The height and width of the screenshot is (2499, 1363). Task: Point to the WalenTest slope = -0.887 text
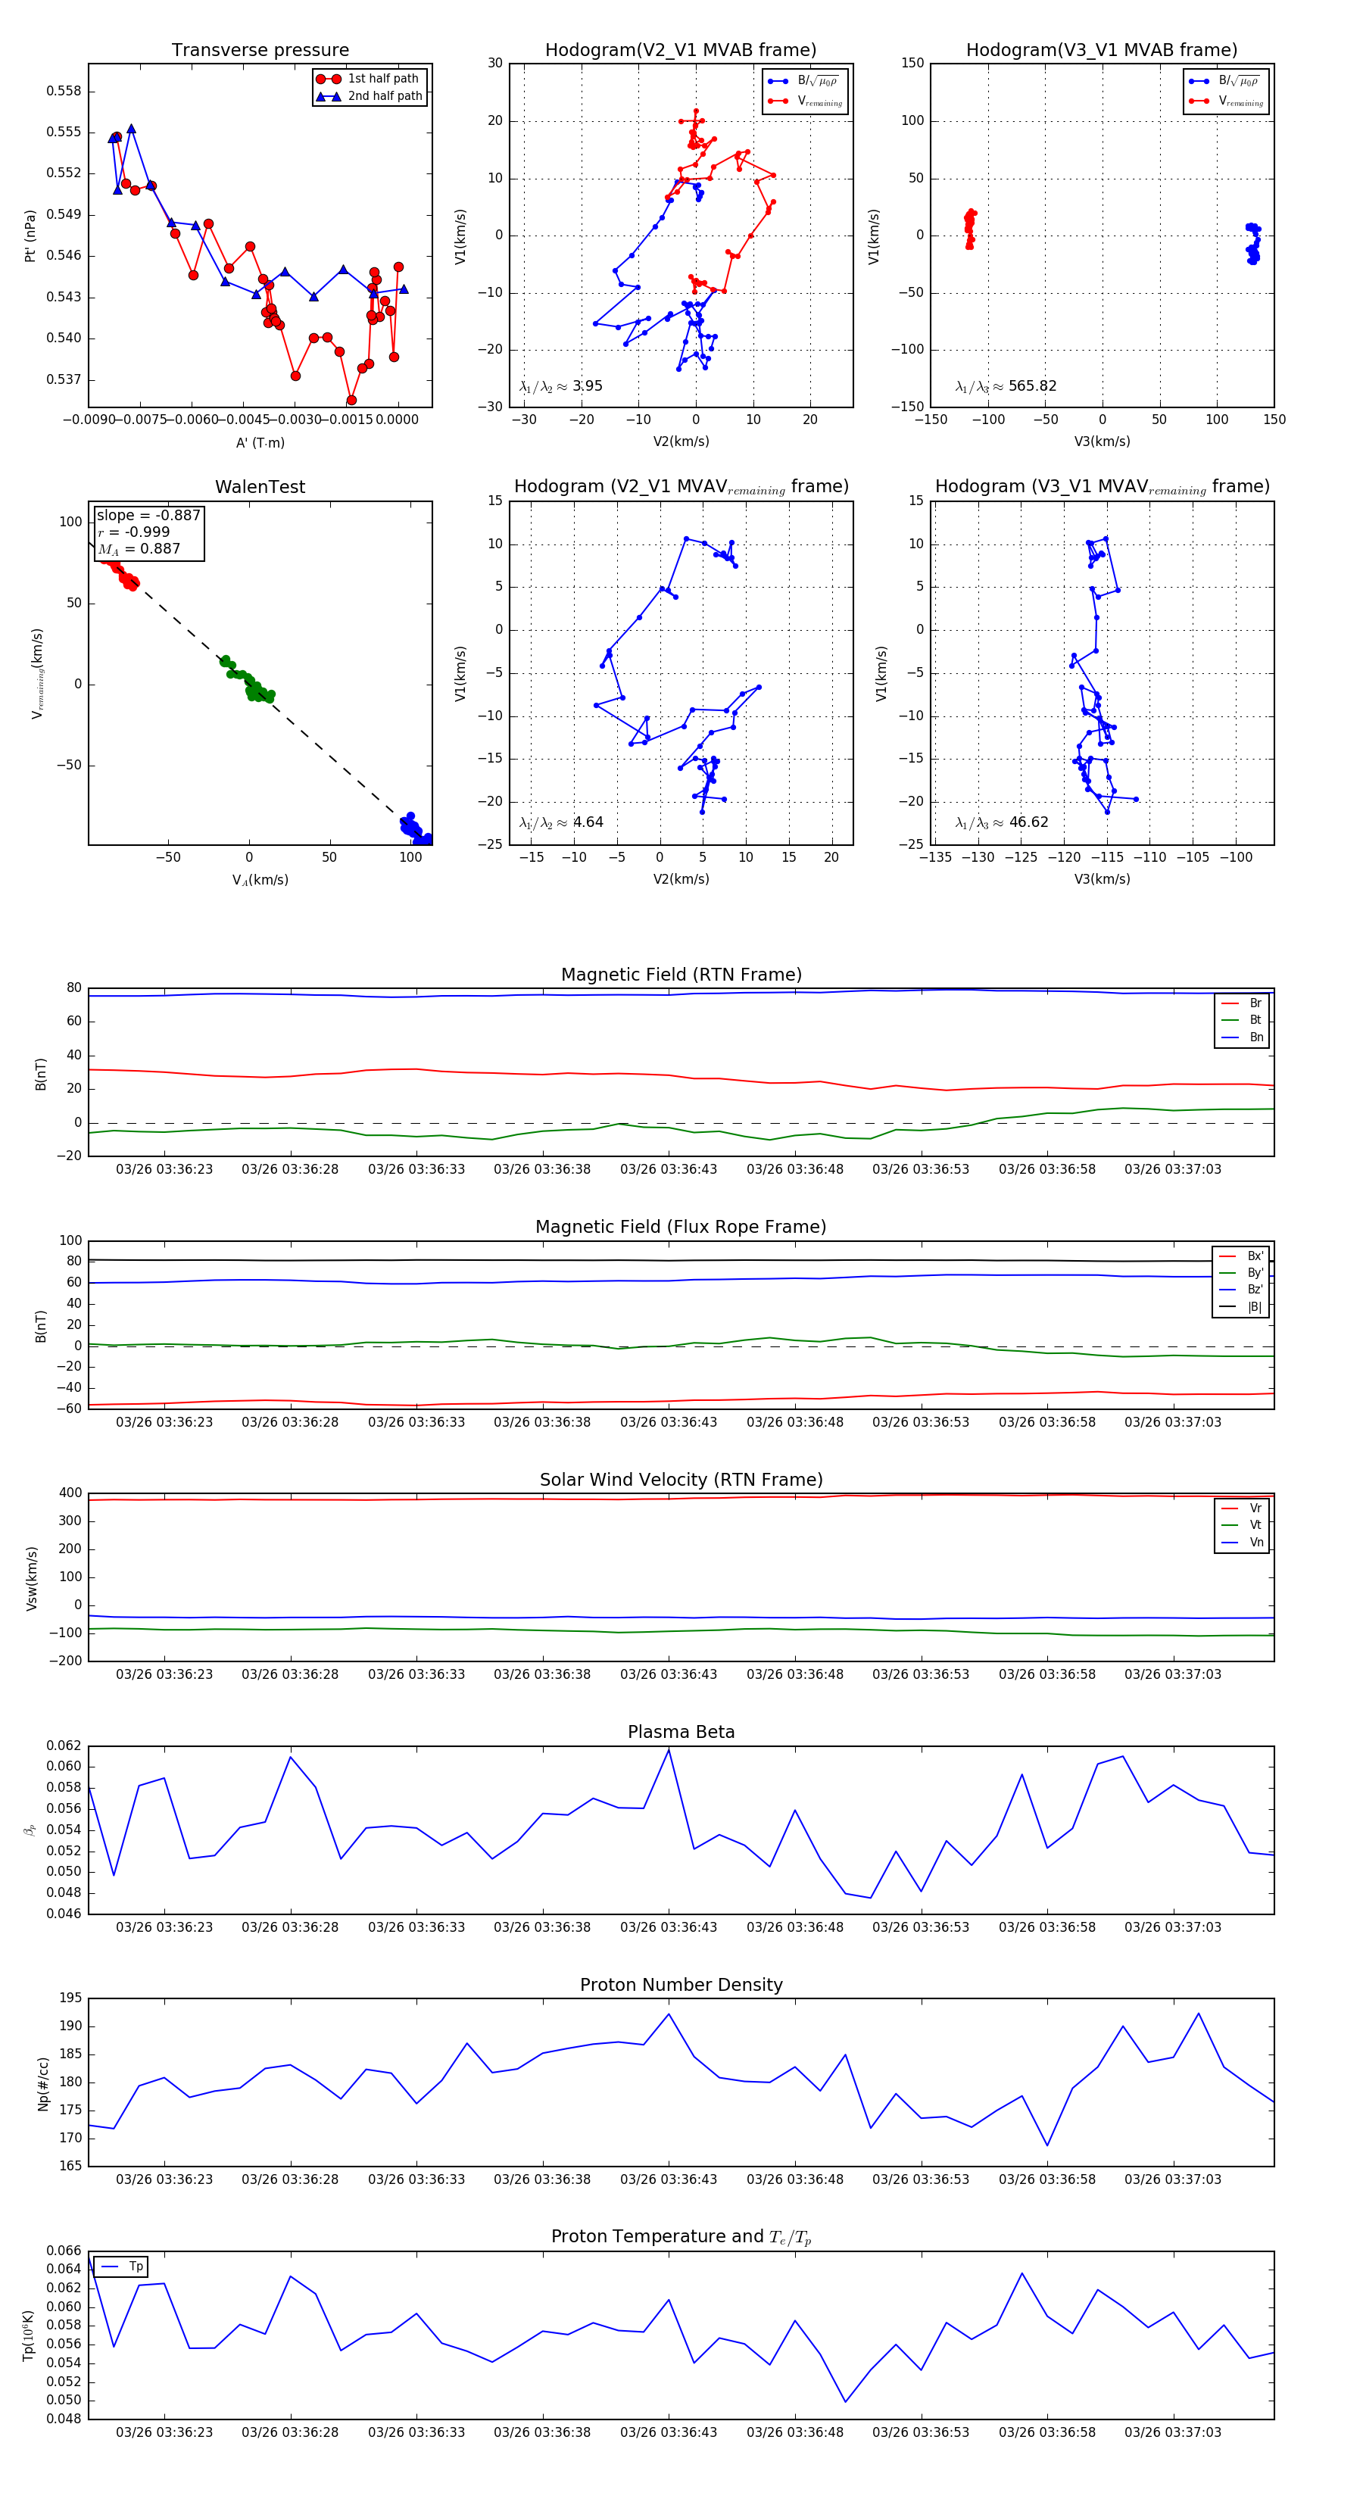tap(148, 515)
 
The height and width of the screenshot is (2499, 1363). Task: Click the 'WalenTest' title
tap(260, 487)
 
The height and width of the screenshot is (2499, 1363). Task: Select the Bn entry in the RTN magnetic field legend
tap(1255, 1037)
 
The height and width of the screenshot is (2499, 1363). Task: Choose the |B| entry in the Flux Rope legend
tap(1255, 1307)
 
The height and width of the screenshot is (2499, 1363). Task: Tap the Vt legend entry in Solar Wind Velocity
tap(1255, 1525)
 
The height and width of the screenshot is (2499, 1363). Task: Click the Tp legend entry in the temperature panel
tap(136, 2267)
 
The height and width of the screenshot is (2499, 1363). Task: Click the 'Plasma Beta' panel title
tap(681, 1733)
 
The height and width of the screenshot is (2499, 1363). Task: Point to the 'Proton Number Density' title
tap(681, 1985)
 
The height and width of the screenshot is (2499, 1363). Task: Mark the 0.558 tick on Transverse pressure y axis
tap(64, 91)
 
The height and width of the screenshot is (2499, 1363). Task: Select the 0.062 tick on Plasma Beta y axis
tap(64, 1746)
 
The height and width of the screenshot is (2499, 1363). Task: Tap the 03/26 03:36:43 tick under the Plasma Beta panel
tap(669, 1927)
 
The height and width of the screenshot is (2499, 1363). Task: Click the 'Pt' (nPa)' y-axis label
tap(30, 236)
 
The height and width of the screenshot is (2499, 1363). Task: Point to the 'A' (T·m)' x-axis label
tap(260, 442)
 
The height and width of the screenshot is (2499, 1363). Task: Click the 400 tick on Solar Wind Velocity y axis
tap(71, 1493)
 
